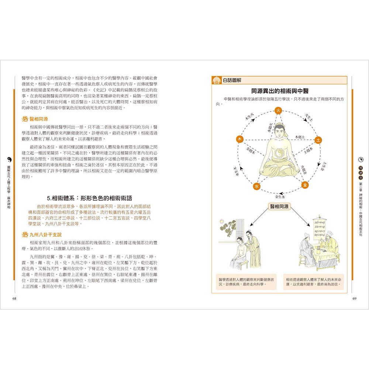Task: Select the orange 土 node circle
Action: [318, 140]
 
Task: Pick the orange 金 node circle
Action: [305, 184]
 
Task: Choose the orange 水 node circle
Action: [256, 187]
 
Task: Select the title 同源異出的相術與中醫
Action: [280, 91]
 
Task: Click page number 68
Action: [14, 299]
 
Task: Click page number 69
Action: [354, 299]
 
